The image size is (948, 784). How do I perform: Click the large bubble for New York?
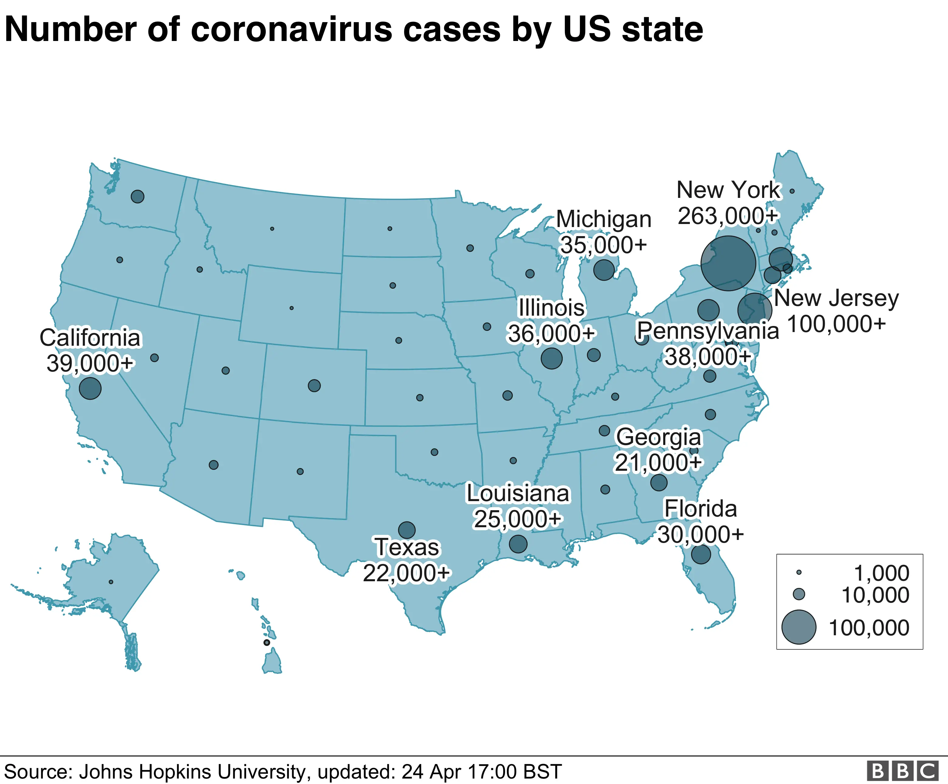coord(728,263)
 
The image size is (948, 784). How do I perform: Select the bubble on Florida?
coord(701,554)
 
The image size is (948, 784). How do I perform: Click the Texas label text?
coord(407,547)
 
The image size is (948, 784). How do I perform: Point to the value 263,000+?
coord(728,216)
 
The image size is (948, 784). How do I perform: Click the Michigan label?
coord(604,219)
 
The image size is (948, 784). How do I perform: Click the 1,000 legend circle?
coord(799,572)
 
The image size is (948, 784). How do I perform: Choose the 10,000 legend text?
coord(875,595)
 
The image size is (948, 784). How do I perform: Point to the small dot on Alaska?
coord(111,582)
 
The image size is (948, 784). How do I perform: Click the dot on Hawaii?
coord(267,642)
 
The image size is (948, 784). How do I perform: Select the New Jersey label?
coord(836,299)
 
